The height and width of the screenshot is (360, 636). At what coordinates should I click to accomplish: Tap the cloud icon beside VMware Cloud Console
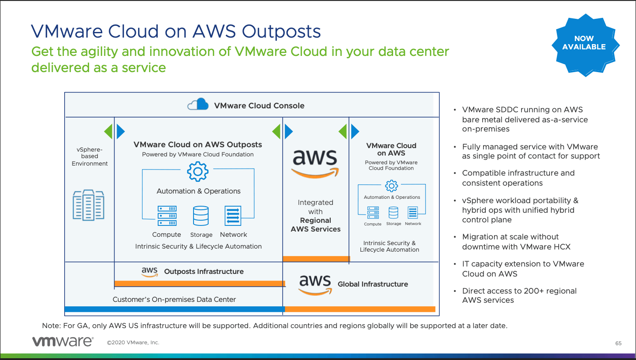click(198, 104)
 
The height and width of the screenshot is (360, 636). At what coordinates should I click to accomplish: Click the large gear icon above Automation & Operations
click(198, 171)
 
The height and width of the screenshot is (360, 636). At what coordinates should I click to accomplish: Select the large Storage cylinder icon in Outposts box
click(200, 216)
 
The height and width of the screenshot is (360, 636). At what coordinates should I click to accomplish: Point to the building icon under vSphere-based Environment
click(89, 204)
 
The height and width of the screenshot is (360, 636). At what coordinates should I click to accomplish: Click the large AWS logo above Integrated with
click(315, 162)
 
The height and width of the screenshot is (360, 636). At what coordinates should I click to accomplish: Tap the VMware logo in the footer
click(62, 342)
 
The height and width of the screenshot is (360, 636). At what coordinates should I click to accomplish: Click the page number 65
click(618, 343)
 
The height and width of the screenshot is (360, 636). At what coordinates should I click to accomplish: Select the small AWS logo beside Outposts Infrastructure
click(149, 272)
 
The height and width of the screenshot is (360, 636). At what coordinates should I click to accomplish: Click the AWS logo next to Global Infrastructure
click(315, 284)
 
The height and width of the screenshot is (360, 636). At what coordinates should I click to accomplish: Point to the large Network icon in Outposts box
click(233, 216)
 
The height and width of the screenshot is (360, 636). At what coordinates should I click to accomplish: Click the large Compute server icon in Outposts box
click(167, 216)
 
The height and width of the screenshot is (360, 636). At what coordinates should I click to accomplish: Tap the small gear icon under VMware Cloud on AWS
click(391, 185)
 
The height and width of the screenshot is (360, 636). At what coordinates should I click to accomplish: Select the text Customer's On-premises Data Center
click(174, 300)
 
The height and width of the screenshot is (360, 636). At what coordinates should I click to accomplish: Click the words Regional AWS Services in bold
click(315, 225)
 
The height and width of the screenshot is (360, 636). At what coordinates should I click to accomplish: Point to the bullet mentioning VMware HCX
click(516, 242)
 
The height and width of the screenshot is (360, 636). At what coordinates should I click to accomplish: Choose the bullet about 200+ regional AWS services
click(519, 295)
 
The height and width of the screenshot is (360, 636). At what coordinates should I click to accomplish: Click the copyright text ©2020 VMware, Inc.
click(133, 343)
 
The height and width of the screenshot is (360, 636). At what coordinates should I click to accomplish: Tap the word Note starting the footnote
click(50, 326)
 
